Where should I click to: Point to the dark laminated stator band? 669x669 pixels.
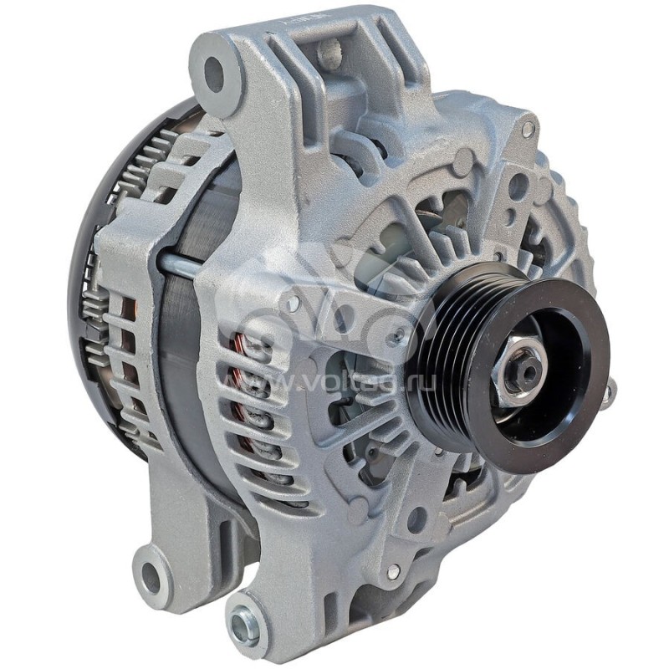coord(180,351)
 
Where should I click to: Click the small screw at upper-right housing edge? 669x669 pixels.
coord(528,130)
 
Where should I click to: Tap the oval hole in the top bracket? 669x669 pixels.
coord(329,52)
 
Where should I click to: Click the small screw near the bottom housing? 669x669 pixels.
coord(393,571)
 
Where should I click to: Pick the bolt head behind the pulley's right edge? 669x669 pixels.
coord(608,393)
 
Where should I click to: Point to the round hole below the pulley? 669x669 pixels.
coord(416,519)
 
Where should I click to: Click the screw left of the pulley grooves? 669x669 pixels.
coord(399,335)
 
